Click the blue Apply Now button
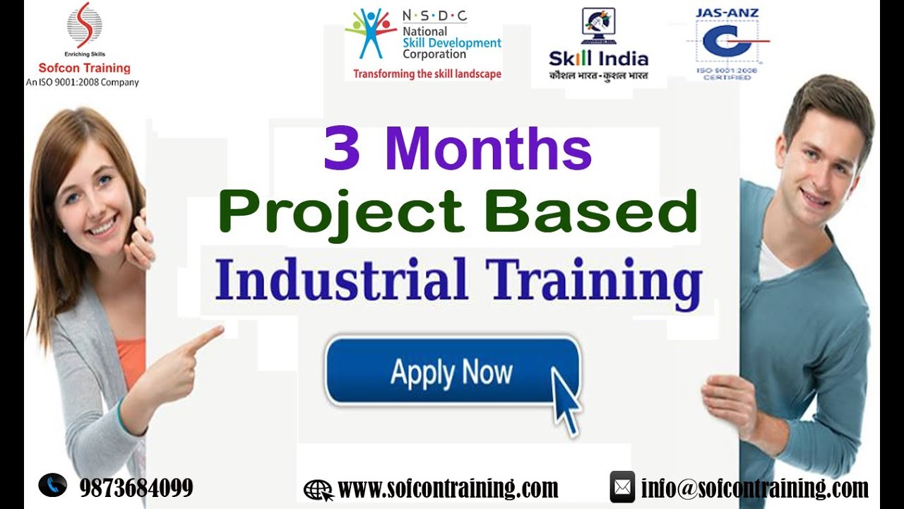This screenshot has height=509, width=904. click(x=452, y=371)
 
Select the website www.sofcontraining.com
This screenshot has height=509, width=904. click(x=448, y=488)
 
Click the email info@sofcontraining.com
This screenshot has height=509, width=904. click(x=754, y=488)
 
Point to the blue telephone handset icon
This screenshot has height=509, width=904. click(x=53, y=485)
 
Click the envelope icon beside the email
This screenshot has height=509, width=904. click(x=622, y=487)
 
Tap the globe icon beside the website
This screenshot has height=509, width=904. click(x=318, y=489)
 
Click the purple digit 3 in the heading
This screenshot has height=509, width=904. click(x=342, y=150)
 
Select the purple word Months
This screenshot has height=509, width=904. click(x=488, y=150)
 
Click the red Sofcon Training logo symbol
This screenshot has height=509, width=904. click(x=84, y=25)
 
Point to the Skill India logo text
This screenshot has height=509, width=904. click(x=598, y=59)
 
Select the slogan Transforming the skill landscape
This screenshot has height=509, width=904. click(x=427, y=74)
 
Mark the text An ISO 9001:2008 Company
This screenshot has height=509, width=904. click(x=83, y=82)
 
